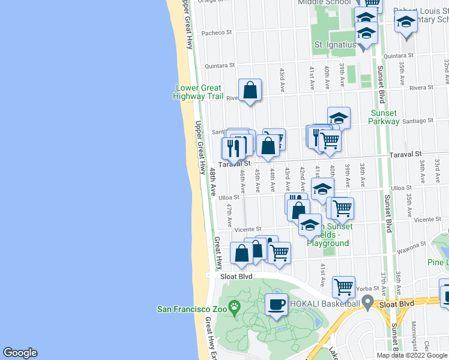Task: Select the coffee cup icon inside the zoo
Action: (x=276, y=304)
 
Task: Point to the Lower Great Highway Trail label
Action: (x=198, y=92)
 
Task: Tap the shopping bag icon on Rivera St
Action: (x=250, y=91)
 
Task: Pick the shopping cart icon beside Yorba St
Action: (x=343, y=288)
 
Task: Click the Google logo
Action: (x=20, y=352)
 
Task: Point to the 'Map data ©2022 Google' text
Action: (x=412, y=355)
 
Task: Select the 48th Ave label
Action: (x=212, y=182)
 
